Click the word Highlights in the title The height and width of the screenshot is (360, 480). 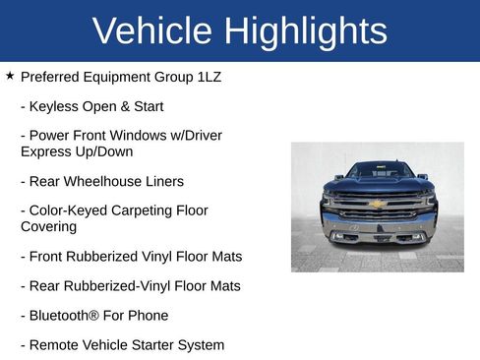pyautogui.click(x=305, y=30)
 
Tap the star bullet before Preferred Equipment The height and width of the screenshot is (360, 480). pyautogui.click(x=9, y=76)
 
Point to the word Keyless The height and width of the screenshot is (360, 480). pyautogui.click(x=56, y=106)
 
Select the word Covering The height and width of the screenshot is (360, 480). pyautogui.click(x=48, y=226)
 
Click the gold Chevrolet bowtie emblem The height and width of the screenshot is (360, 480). pyautogui.click(x=376, y=204)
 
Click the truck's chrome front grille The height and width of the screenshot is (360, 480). pyautogui.click(x=378, y=210)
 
